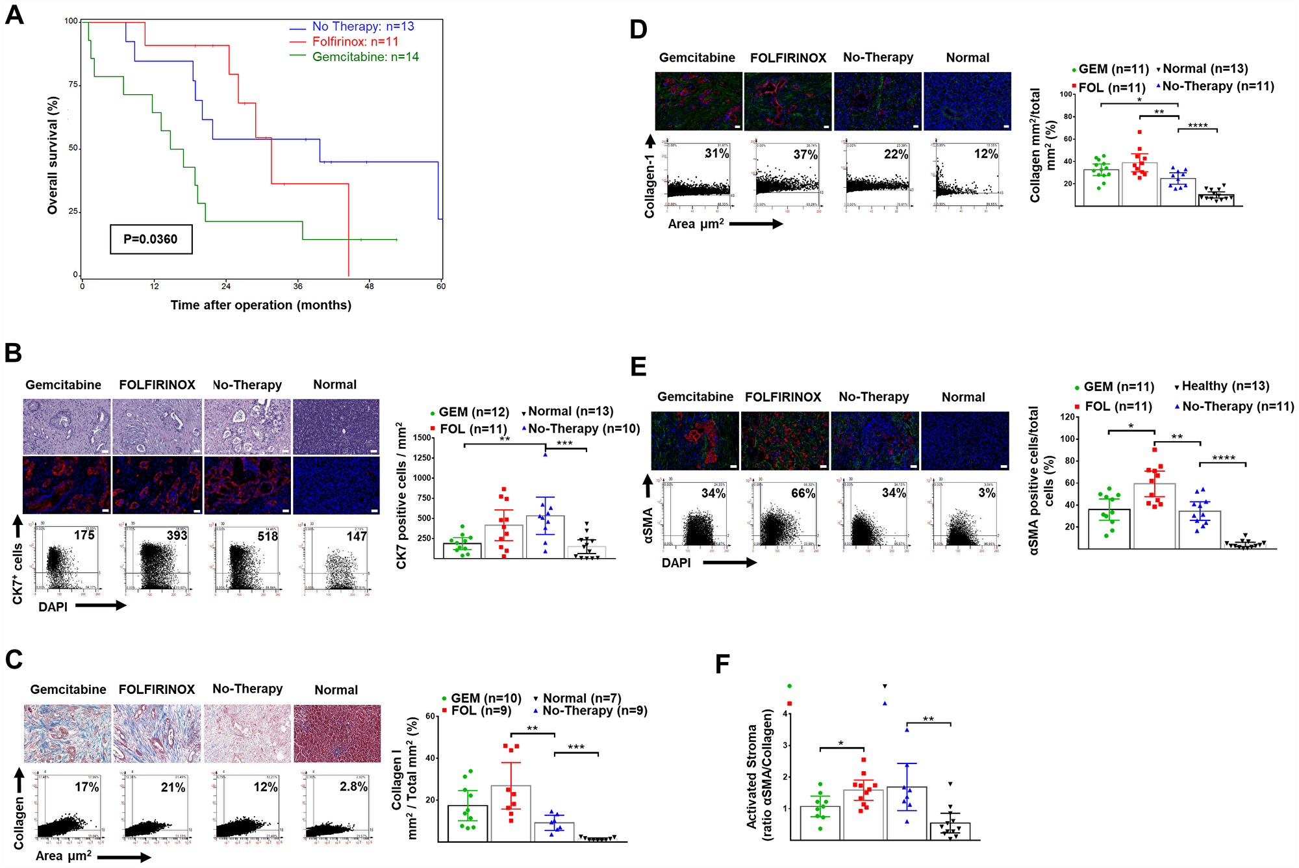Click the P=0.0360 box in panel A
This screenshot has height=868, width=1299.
151,239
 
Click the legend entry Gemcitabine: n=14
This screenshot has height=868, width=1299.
365,57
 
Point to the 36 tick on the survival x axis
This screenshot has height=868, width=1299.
298,286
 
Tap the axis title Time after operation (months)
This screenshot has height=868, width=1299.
260,305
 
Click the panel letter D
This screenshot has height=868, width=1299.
638,30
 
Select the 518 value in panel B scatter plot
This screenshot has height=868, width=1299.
267,536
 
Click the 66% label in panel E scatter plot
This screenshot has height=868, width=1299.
803,493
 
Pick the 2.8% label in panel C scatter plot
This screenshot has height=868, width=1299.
353,786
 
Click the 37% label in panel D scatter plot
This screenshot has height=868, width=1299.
805,155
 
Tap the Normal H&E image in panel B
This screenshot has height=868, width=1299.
336,426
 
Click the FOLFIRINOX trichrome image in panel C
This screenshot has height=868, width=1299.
157,734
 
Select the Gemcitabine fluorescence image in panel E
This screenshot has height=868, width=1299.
694,440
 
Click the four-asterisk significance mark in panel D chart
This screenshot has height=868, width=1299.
1198,125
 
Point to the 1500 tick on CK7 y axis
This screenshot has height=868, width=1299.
422,438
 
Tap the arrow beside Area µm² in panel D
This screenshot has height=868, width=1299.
756,224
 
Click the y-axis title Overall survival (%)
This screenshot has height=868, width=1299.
53,155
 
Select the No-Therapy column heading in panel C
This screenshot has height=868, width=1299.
247,689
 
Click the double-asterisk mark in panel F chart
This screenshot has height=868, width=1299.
928,719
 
